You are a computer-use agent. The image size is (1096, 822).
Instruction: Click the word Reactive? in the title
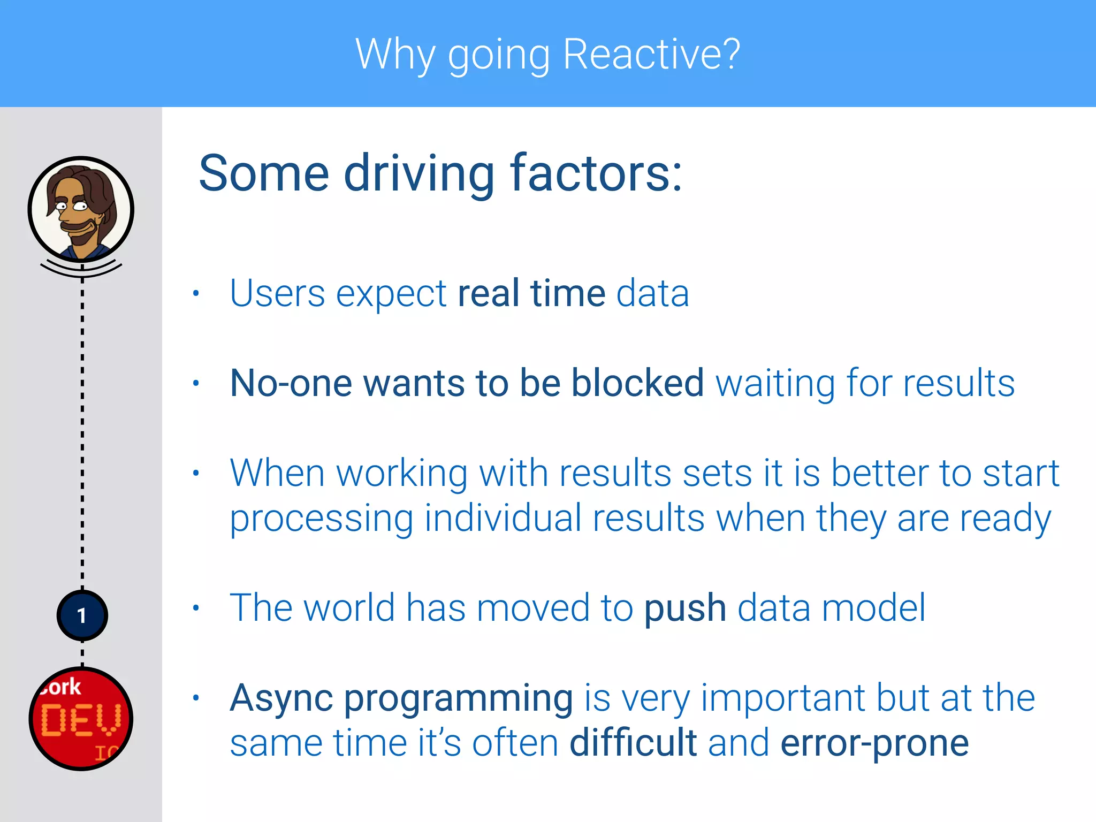point(651,55)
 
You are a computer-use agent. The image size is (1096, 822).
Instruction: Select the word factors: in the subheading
point(596,173)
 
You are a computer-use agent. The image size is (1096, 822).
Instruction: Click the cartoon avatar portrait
point(81,209)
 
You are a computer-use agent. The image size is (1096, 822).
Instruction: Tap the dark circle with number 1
point(82,615)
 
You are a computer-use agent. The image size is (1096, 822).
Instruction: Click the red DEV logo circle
point(81,719)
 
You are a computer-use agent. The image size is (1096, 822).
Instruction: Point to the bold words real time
point(531,293)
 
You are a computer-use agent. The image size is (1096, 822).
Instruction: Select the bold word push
point(685,608)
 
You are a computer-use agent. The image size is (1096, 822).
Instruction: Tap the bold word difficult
point(633,743)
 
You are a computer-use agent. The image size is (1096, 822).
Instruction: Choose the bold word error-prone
point(874,744)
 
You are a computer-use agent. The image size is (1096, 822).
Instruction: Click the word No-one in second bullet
point(291,383)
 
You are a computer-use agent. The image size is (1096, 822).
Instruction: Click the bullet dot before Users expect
point(196,293)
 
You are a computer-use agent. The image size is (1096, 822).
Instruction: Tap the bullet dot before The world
point(196,608)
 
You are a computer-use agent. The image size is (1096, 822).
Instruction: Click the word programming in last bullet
point(458,699)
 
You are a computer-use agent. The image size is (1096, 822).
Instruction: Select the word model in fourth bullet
point(873,608)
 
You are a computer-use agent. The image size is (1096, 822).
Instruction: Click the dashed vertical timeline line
point(82,428)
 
